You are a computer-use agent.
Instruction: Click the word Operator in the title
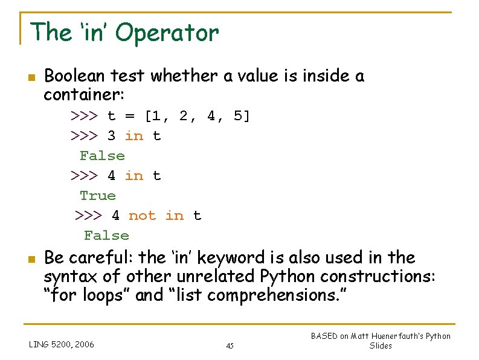[x=167, y=33]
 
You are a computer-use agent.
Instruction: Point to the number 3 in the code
[x=112, y=136]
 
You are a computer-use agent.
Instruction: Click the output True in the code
[x=97, y=196]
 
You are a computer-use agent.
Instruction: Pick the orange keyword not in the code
[x=142, y=216]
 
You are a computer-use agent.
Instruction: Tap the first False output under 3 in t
[x=102, y=156]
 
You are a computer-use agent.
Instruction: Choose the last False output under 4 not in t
[x=106, y=236]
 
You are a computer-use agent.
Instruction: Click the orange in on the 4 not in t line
[x=175, y=216]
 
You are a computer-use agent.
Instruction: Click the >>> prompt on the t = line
[x=85, y=115]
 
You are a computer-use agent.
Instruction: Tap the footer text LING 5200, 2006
[x=62, y=344]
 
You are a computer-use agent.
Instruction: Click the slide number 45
[x=230, y=346]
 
